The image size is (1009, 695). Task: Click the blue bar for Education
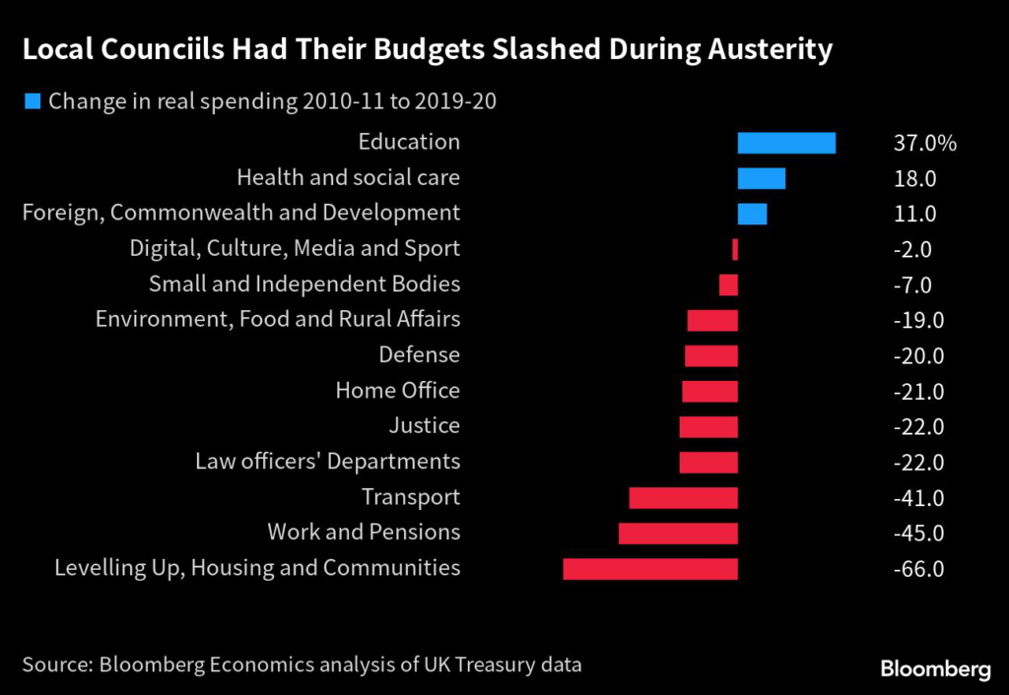pyautogui.click(x=786, y=143)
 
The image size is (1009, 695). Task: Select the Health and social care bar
pyautogui.click(x=762, y=178)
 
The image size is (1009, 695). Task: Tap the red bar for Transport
pyautogui.click(x=683, y=498)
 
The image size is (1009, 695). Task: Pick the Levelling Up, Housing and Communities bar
pyautogui.click(x=650, y=569)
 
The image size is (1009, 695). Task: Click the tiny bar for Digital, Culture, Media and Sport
pyautogui.click(x=735, y=249)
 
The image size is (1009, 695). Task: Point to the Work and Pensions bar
pyautogui.click(x=678, y=534)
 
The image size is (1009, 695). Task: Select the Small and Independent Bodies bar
pyautogui.click(x=728, y=284)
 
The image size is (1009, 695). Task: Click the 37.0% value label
pyautogui.click(x=923, y=144)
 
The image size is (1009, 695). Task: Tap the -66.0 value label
pyautogui.click(x=918, y=570)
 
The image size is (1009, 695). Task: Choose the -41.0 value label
pyautogui.click(x=918, y=498)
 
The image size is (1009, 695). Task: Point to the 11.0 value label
pyautogui.click(x=915, y=215)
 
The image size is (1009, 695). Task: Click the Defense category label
pyautogui.click(x=419, y=355)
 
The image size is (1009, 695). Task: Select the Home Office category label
pyautogui.click(x=397, y=391)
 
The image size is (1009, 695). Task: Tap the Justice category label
pyautogui.click(x=424, y=426)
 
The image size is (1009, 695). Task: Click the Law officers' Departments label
pyautogui.click(x=327, y=462)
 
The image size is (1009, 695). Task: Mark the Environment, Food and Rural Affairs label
pyautogui.click(x=277, y=320)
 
